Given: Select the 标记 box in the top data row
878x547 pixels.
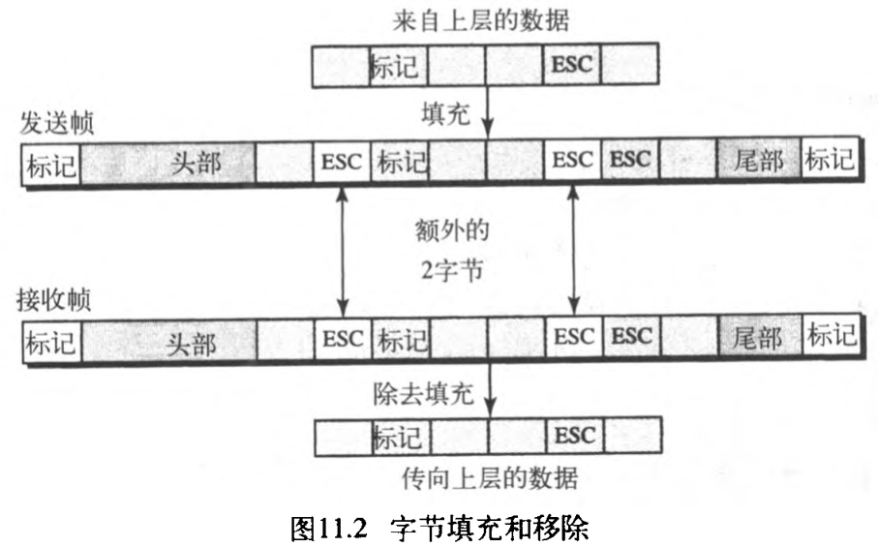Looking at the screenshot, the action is click(x=397, y=66).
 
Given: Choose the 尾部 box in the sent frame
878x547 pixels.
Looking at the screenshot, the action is click(x=758, y=161).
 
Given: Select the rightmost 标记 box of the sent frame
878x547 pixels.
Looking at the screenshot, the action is click(x=830, y=161).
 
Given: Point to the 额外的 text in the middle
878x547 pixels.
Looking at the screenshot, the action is click(x=447, y=231).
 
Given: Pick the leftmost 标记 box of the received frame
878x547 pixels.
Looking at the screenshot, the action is click(x=51, y=340).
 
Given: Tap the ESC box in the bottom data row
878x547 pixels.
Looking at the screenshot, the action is click(x=573, y=435).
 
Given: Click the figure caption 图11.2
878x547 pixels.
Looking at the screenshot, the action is click(x=331, y=527).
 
